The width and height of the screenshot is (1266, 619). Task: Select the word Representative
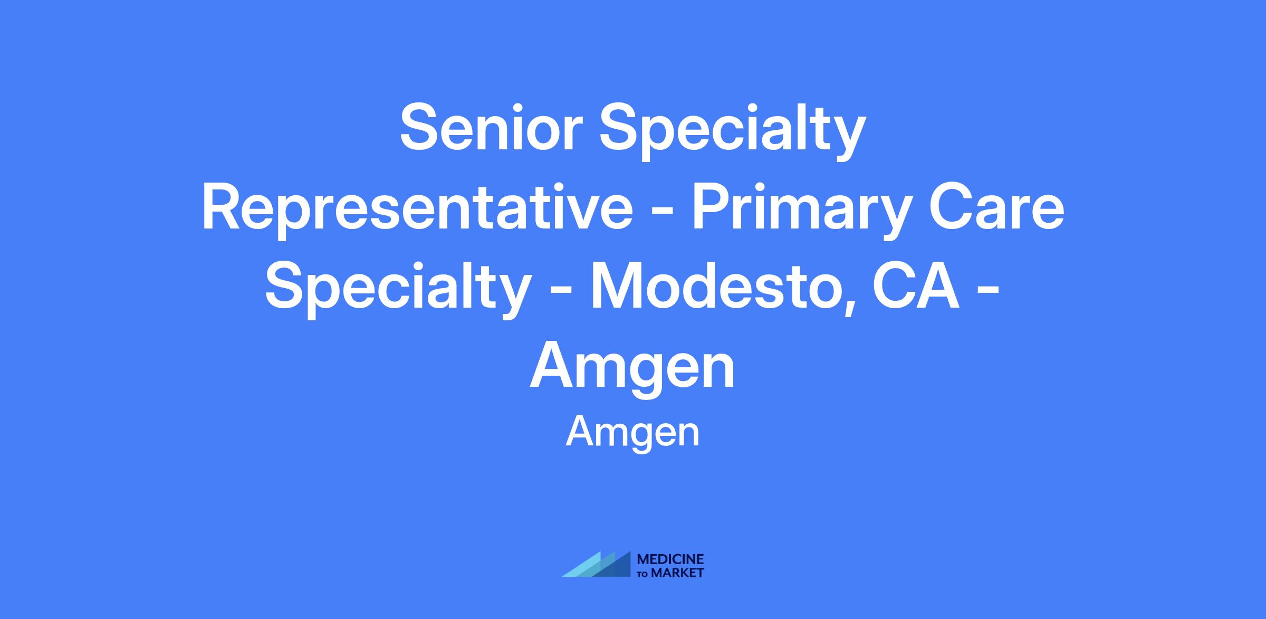(x=417, y=211)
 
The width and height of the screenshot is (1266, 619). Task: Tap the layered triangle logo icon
(x=597, y=564)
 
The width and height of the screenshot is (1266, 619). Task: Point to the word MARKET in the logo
(x=677, y=573)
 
